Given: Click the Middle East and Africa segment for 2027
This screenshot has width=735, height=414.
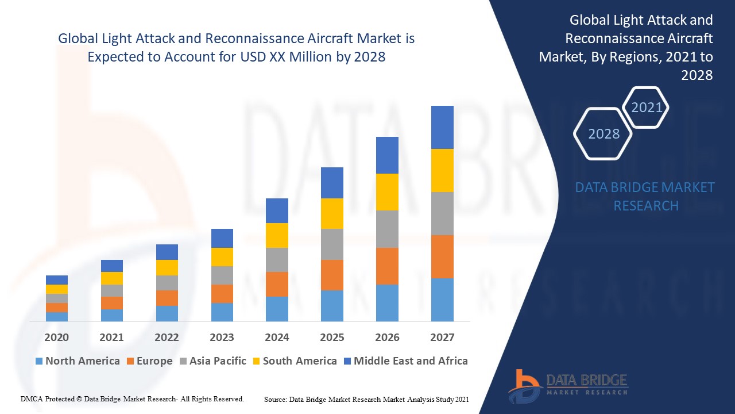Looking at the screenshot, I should (x=442, y=127).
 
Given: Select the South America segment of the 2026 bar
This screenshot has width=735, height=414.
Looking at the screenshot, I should (x=387, y=192).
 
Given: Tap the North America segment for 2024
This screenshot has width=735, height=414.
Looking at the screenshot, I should (x=277, y=309).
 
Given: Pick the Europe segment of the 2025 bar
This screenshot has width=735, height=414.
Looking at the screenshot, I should (x=332, y=275).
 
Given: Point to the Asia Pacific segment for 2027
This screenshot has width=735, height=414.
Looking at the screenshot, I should (x=442, y=213).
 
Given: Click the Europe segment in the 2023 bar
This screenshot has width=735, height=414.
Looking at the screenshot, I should (x=222, y=293).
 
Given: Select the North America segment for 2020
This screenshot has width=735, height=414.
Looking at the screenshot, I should (x=57, y=316).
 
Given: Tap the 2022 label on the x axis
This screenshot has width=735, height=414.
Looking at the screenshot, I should (x=167, y=337).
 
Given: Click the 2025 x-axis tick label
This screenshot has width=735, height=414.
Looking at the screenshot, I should (x=332, y=337).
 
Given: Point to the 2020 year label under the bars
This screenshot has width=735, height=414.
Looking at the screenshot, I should (x=57, y=337).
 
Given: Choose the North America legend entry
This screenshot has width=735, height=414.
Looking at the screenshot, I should (x=77, y=361).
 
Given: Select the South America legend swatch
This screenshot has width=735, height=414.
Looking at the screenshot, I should (x=255, y=361).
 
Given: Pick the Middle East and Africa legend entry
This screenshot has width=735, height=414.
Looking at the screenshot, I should (x=405, y=361).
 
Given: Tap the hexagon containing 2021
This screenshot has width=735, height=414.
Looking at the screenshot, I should (x=647, y=108).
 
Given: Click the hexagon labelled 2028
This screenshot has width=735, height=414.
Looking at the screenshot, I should (x=604, y=133).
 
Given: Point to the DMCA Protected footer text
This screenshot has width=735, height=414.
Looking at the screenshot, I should (x=132, y=398).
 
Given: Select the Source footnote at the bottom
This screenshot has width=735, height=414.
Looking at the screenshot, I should (x=366, y=399).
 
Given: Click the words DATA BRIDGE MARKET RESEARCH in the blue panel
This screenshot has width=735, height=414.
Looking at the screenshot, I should (x=645, y=196).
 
